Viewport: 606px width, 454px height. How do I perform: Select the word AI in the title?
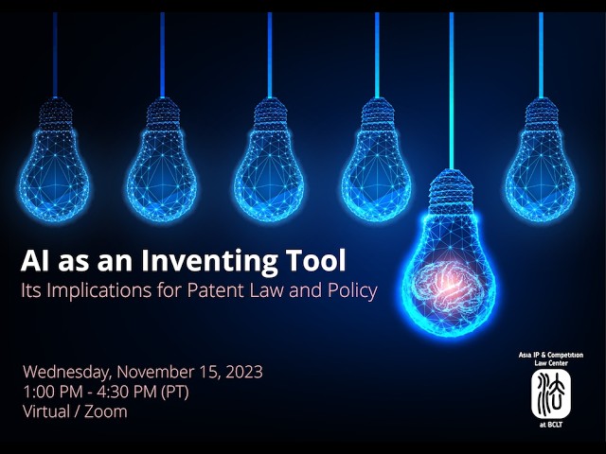coord(37,258)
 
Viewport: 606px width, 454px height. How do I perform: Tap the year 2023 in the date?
coord(241,371)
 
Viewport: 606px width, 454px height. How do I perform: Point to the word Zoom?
coord(105,412)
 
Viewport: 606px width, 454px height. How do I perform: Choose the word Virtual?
coord(48,412)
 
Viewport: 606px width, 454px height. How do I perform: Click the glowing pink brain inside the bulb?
coord(451,276)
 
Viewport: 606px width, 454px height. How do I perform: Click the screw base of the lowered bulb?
coord(451,189)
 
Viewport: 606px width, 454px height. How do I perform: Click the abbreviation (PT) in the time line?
coord(189,392)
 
